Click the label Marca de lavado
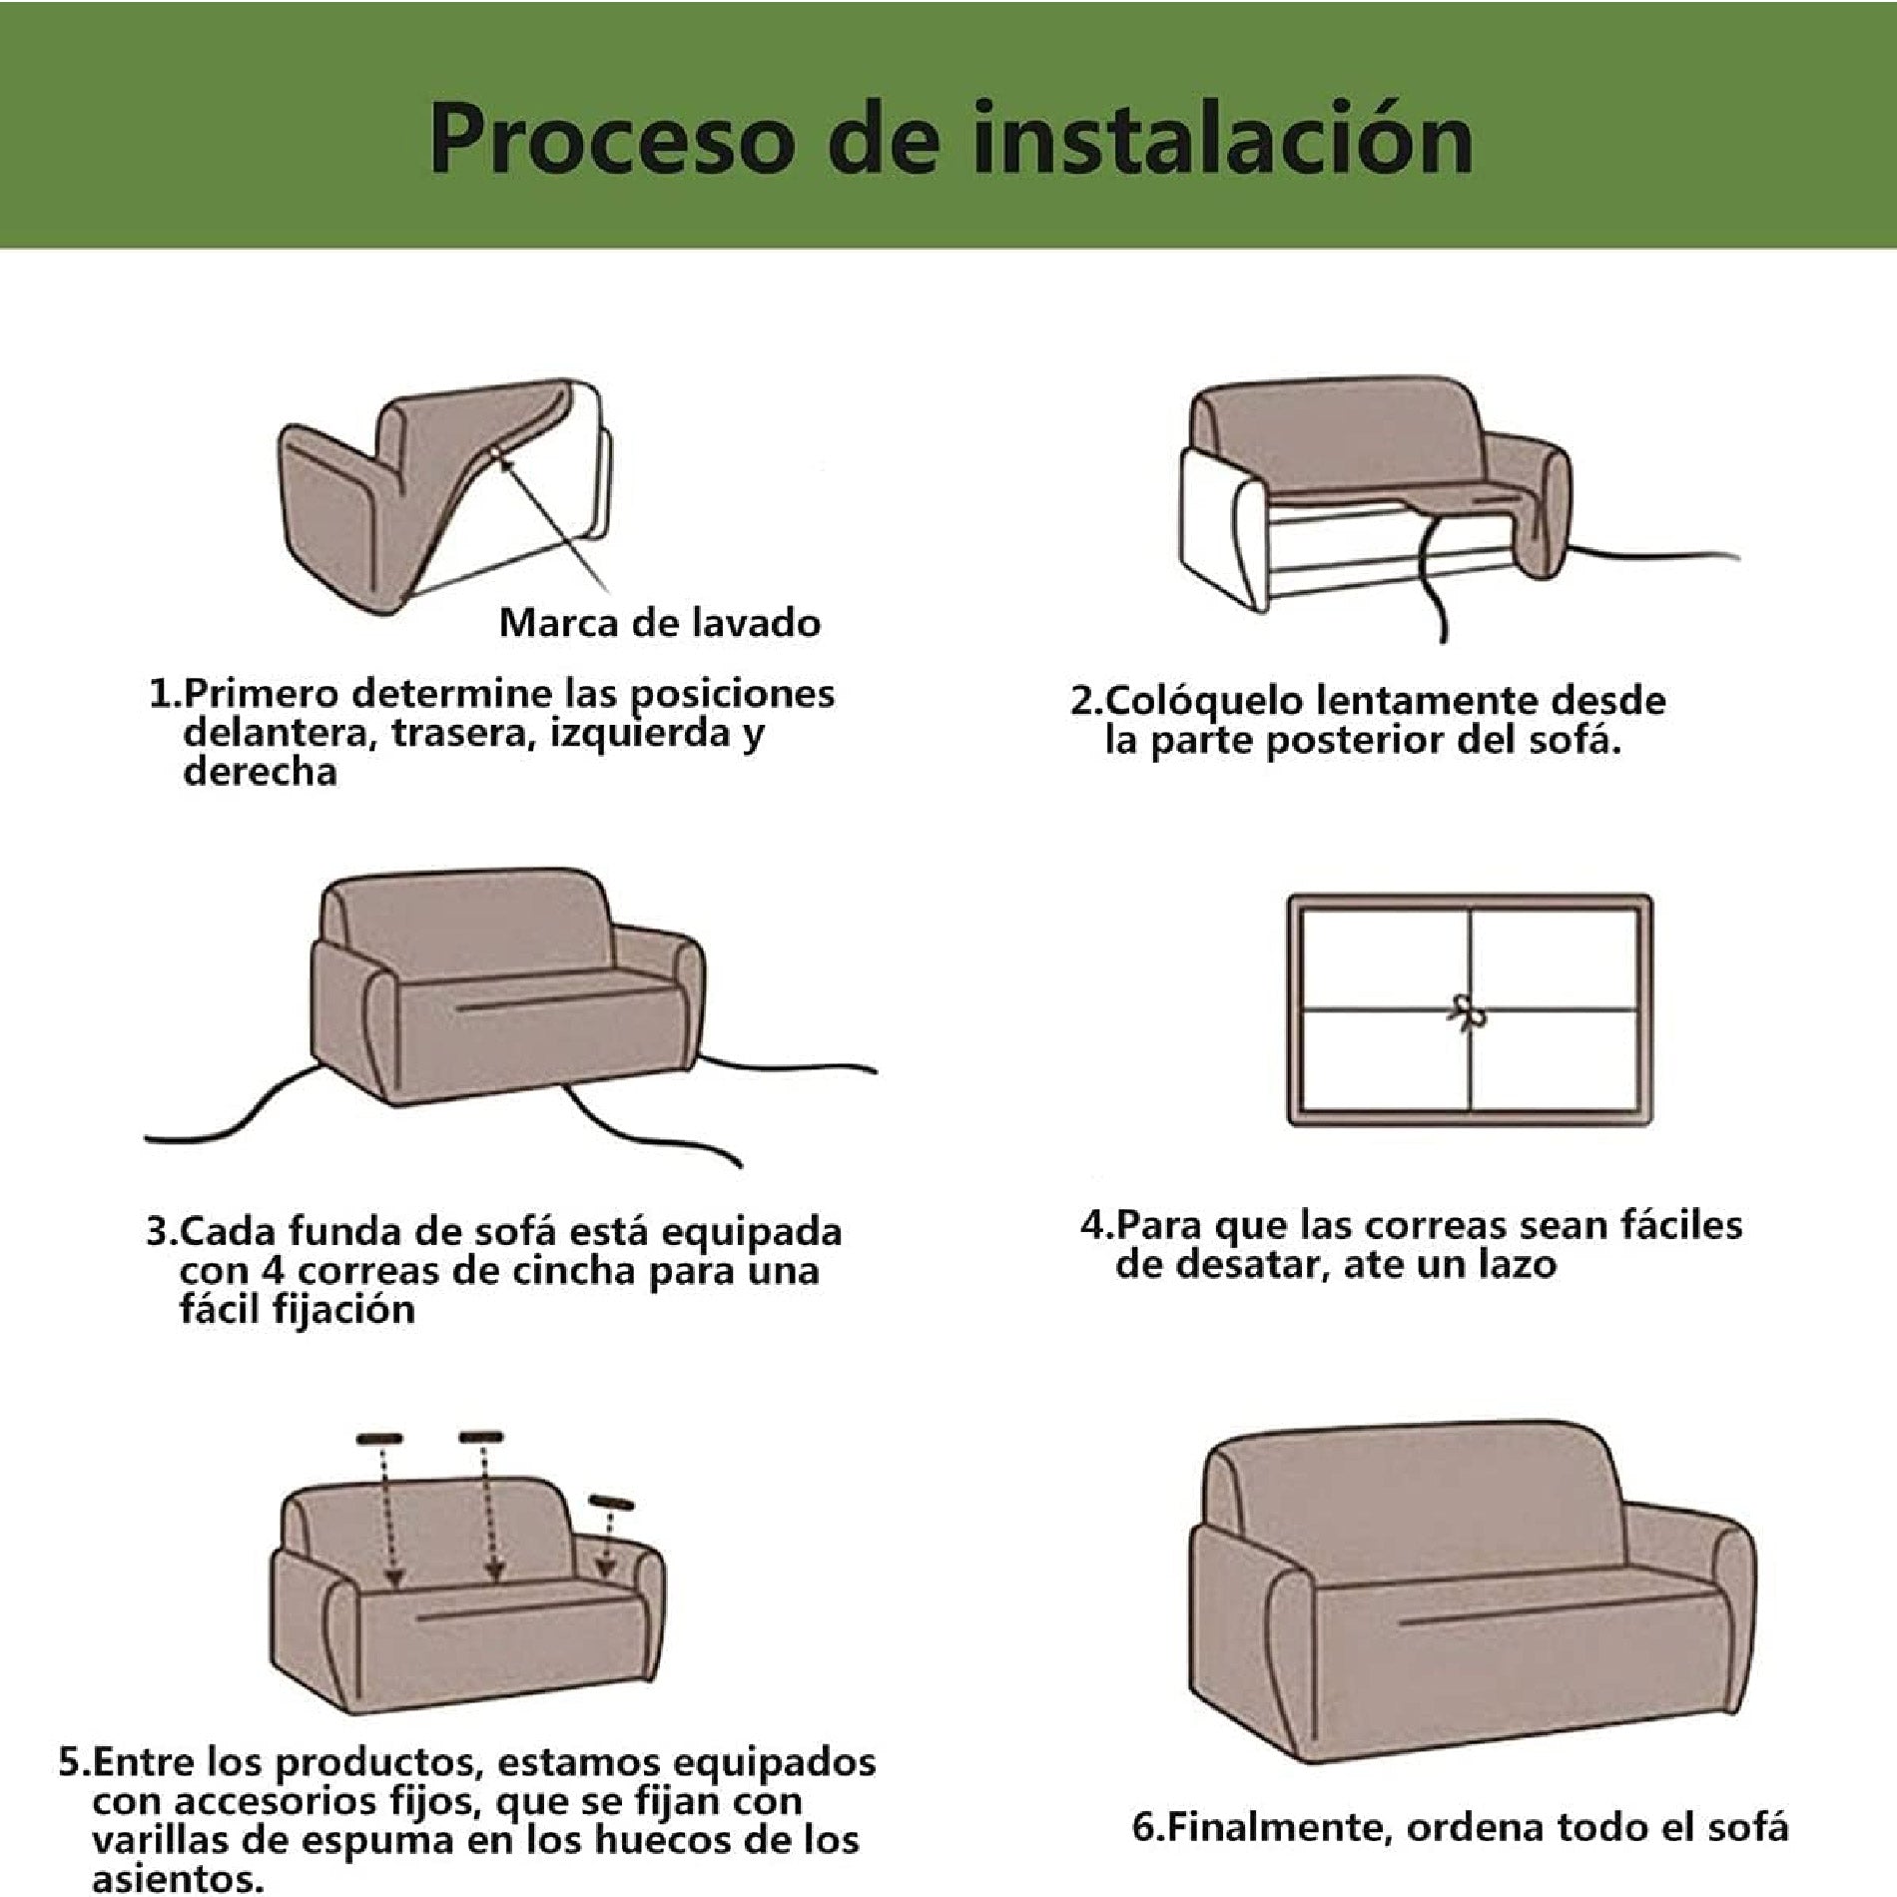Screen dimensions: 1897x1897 pos(660,623)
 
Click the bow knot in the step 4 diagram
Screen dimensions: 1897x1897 pos(1467,1011)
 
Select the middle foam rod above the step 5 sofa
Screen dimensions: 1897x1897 pos(482,1437)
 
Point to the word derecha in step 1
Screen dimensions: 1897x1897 pos(261,772)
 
